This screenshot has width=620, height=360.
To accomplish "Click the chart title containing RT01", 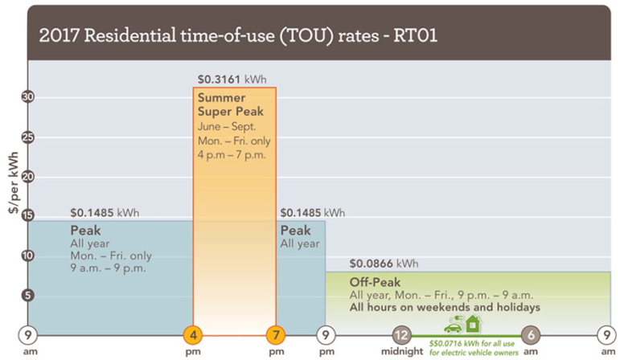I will [x=238, y=37].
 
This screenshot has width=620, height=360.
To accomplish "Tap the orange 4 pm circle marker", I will [x=193, y=334].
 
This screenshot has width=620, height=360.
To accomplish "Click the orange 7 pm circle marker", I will [x=276, y=334].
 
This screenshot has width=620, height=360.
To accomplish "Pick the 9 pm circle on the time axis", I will [x=326, y=334].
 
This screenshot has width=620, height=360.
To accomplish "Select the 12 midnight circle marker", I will [x=402, y=334].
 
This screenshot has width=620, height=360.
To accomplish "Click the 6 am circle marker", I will [x=530, y=334].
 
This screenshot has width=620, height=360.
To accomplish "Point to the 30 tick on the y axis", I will [x=27, y=97].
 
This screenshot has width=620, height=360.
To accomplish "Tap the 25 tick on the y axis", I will [x=27, y=137].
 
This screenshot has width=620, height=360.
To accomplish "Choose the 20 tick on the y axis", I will [x=27, y=176].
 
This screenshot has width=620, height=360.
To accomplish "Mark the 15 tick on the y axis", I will [x=27, y=215].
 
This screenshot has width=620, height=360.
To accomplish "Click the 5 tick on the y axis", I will [x=27, y=295].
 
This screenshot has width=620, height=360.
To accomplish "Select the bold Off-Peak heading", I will [x=375, y=283].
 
